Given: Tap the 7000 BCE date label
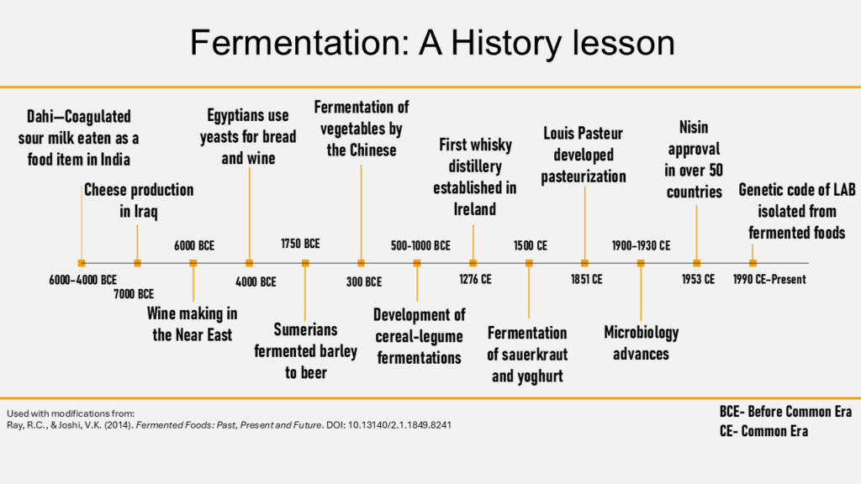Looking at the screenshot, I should click(x=134, y=294).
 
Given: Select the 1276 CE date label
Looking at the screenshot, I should click(x=475, y=279).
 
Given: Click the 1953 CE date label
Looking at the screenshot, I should click(x=698, y=279).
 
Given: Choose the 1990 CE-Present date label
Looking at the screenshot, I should click(x=769, y=279).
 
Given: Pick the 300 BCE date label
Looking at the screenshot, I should click(x=363, y=281).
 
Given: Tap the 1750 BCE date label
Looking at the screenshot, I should click(x=300, y=245).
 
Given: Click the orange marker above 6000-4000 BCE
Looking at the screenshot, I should click(x=82, y=263).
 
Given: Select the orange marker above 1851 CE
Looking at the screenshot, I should click(x=584, y=263).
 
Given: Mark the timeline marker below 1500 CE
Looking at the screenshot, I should click(x=529, y=263).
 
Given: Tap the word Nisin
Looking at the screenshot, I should click(x=694, y=127).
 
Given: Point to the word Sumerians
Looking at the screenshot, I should click(x=305, y=329).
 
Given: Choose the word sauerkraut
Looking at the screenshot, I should click(x=528, y=355).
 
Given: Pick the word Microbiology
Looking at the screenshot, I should click(x=641, y=332).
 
